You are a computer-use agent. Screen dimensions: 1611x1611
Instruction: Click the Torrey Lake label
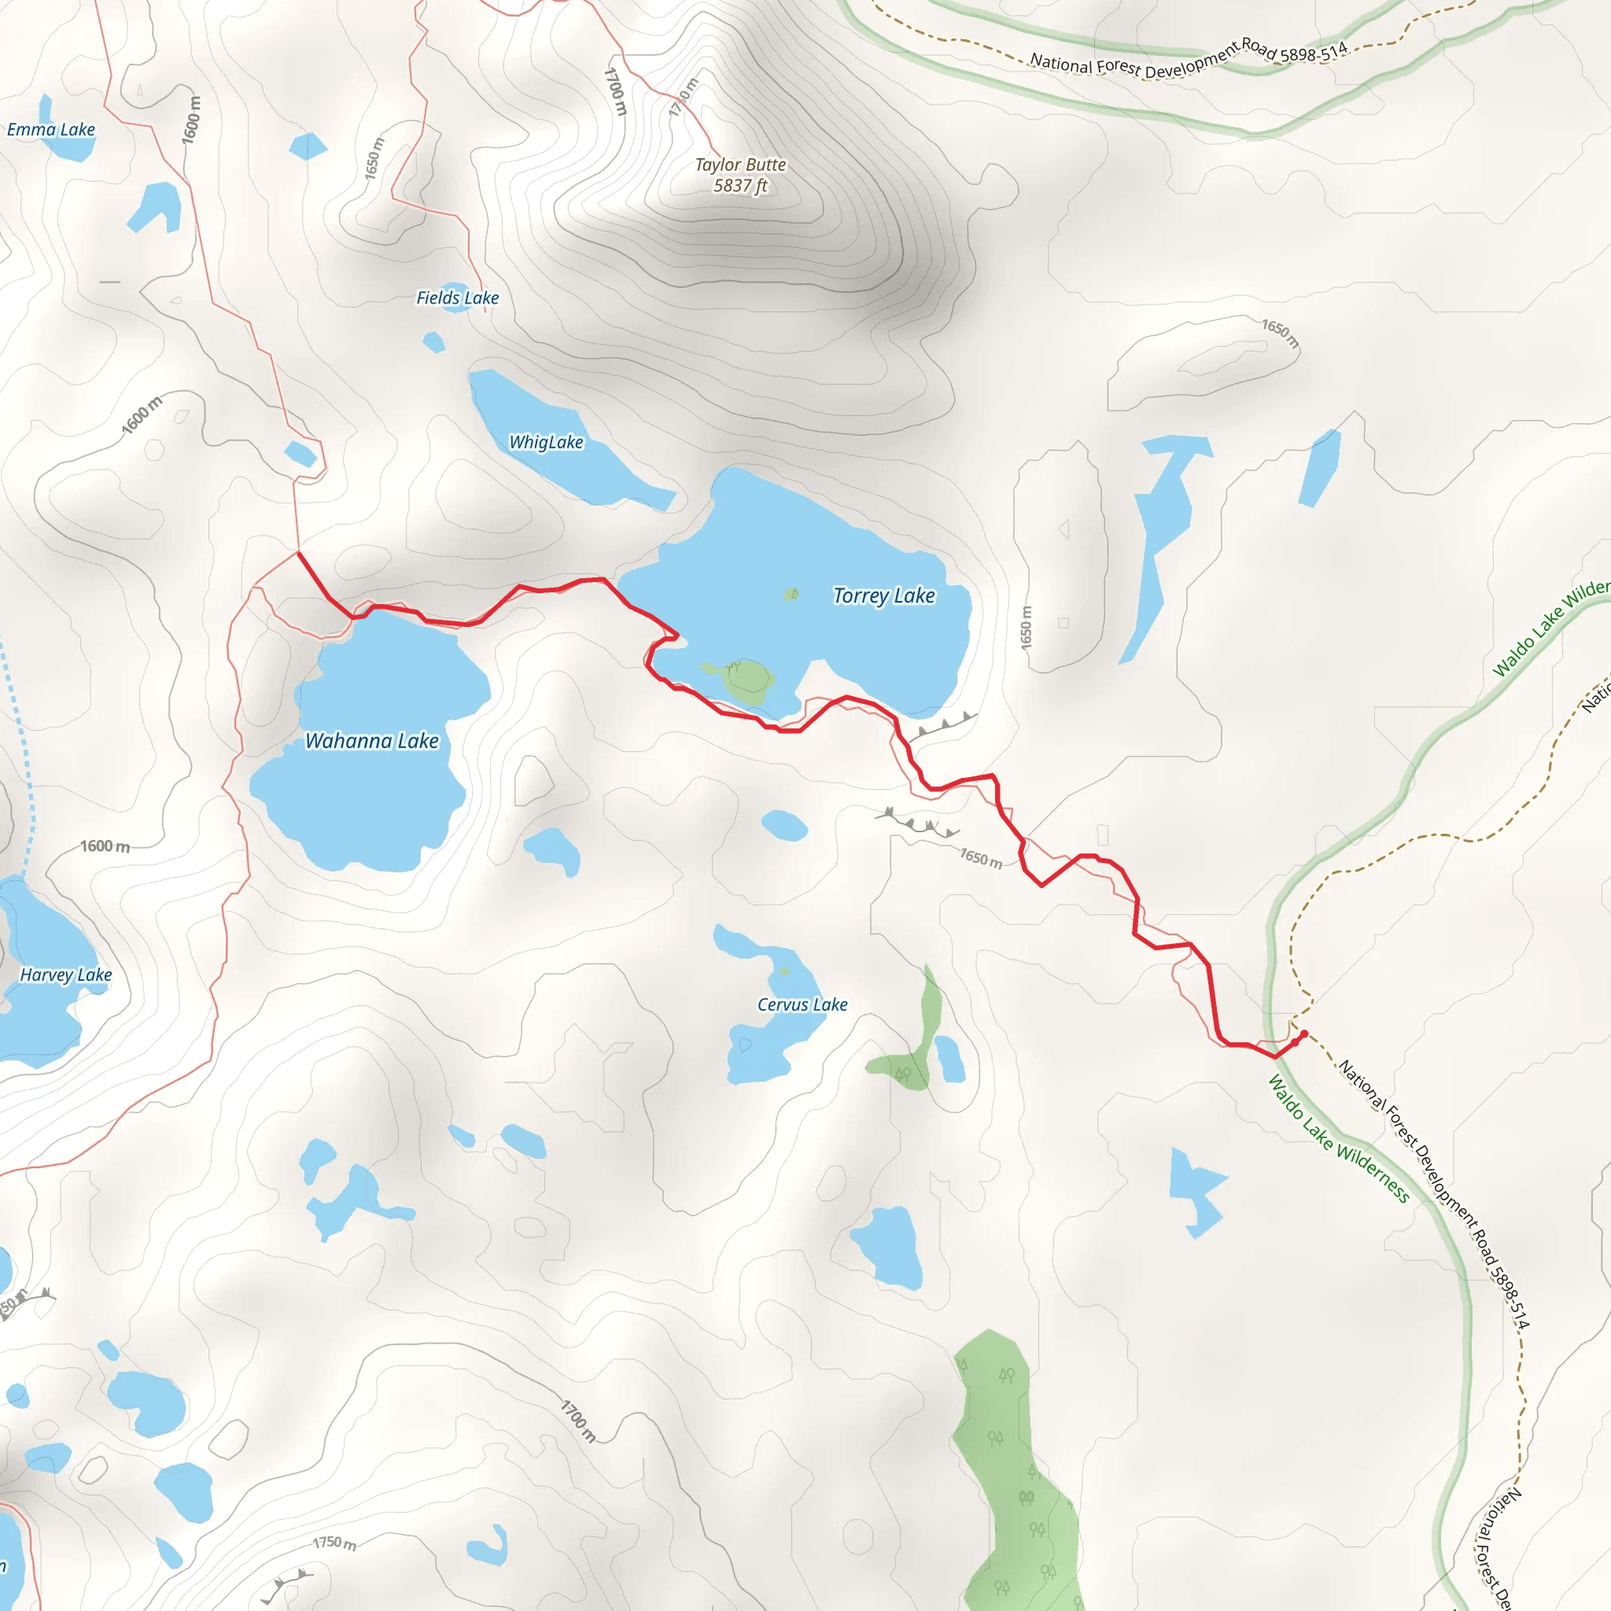point(884,595)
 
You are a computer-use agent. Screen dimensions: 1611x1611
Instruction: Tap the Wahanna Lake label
point(372,740)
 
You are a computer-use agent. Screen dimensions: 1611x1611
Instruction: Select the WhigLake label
point(546,442)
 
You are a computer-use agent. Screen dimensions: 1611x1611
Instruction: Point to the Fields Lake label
point(457,297)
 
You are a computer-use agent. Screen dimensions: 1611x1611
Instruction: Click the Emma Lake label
point(51,129)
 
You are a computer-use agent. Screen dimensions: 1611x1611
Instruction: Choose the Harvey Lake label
point(66,975)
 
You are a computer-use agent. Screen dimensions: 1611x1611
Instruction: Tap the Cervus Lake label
point(802,1005)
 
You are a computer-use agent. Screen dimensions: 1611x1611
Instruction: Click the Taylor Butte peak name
point(740,165)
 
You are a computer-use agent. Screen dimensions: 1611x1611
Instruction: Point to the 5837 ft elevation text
point(740,186)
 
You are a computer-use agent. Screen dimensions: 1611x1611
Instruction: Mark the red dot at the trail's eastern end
point(1304,1034)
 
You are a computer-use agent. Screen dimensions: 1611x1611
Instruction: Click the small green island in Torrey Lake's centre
point(791,594)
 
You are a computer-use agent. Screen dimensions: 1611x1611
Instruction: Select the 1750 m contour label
point(334,1543)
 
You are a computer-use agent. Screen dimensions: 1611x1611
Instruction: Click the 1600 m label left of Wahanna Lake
point(105,846)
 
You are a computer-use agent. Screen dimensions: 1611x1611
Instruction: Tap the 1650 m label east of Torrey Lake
point(1027,627)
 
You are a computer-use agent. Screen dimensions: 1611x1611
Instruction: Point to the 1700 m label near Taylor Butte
point(614,91)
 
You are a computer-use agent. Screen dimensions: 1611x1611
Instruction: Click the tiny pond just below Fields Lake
point(433,342)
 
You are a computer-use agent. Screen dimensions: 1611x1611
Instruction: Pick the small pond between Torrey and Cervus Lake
point(783,824)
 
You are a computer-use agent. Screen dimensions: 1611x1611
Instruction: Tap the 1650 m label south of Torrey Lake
point(981,857)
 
